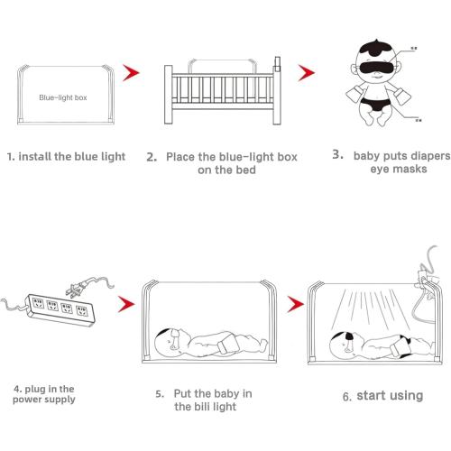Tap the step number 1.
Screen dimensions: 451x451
click(x=11, y=156)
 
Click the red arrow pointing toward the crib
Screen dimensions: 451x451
click(x=133, y=70)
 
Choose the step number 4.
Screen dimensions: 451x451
click(x=17, y=389)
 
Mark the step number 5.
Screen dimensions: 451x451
click(x=158, y=394)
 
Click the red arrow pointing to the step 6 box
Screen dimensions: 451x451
click(x=294, y=304)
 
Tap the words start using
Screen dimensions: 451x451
click(x=390, y=395)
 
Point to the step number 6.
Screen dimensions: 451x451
click(x=347, y=396)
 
